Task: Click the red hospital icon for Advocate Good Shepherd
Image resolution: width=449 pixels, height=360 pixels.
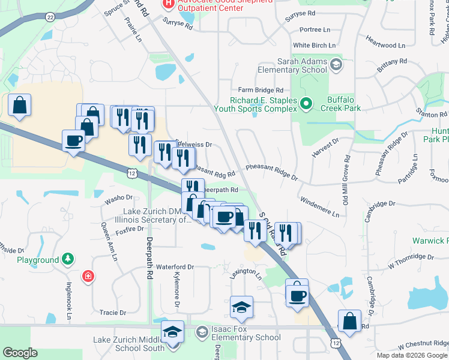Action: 169,4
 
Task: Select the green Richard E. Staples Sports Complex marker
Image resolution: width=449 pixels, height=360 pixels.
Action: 306,104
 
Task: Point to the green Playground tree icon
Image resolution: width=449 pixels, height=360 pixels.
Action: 68,259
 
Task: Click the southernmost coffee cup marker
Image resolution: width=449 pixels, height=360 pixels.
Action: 297,295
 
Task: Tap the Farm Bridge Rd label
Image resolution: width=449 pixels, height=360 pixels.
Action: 260,89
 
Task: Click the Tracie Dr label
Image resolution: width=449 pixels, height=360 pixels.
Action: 112,313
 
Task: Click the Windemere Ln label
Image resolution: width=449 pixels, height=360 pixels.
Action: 319,205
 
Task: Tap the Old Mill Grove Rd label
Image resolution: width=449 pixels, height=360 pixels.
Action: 346,179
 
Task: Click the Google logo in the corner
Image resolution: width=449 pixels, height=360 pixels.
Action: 20,353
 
